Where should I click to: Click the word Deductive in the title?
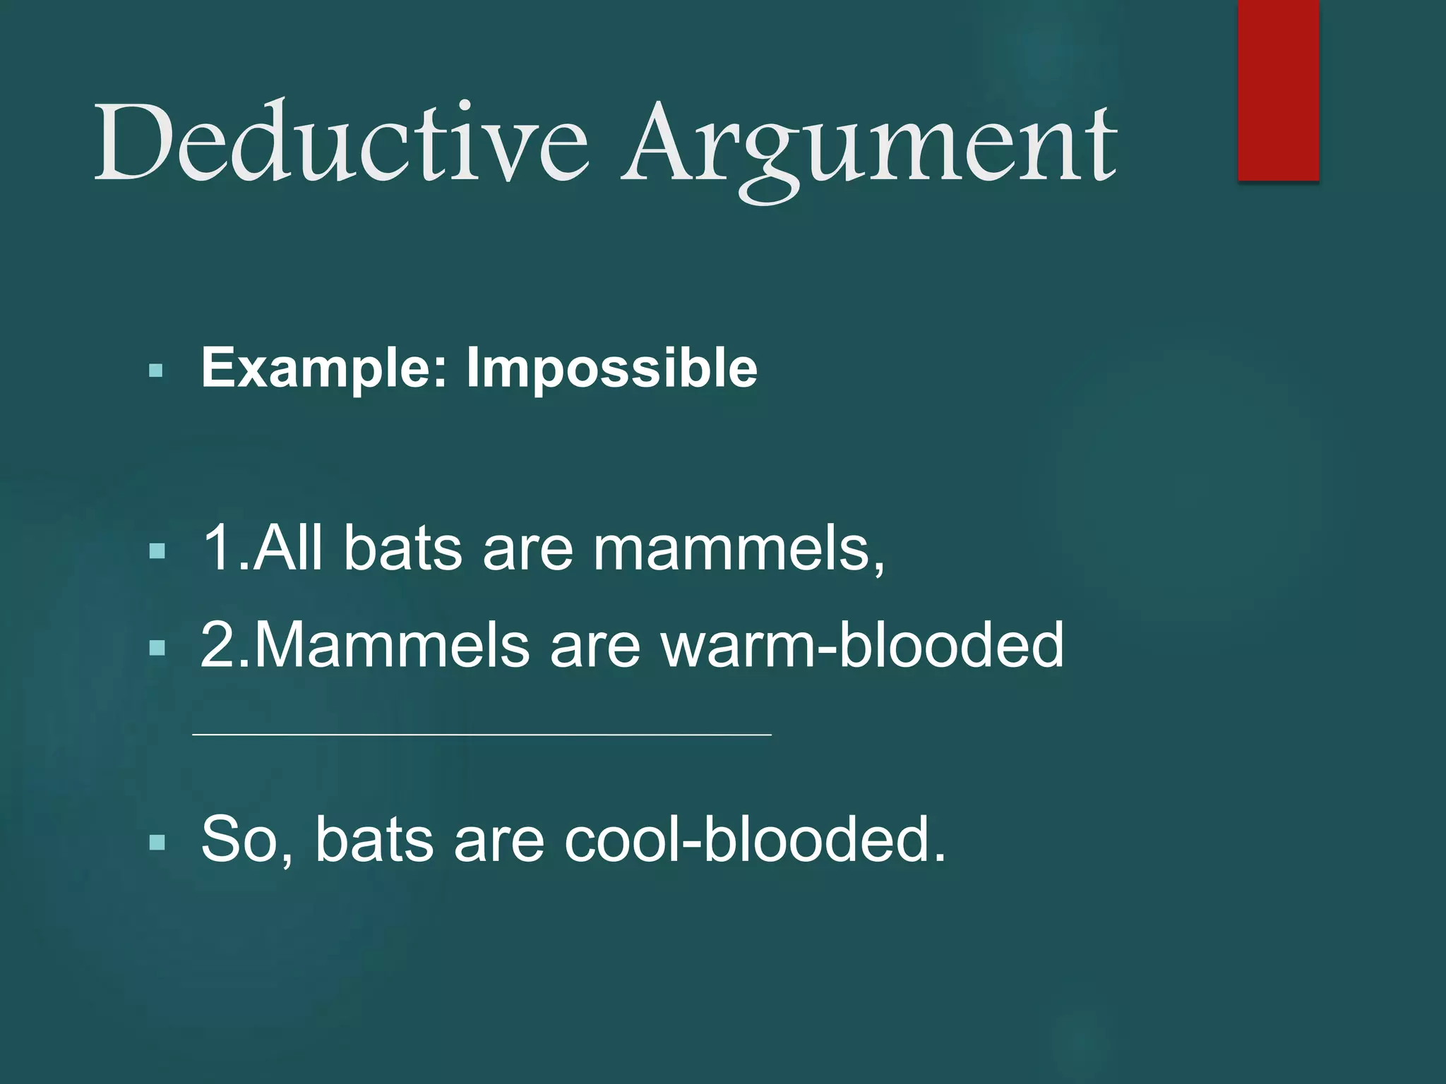click(x=341, y=141)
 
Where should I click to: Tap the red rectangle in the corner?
click(x=1278, y=90)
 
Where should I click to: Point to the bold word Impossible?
click(x=612, y=368)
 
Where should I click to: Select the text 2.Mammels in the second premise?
click(x=364, y=644)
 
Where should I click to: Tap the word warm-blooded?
click(x=862, y=644)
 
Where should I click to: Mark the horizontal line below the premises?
click(x=482, y=735)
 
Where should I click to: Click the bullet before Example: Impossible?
click(x=156, y=371)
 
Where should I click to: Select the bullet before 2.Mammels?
click(x=157, y=647)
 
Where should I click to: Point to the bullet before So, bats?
click(x=157, y=841)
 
